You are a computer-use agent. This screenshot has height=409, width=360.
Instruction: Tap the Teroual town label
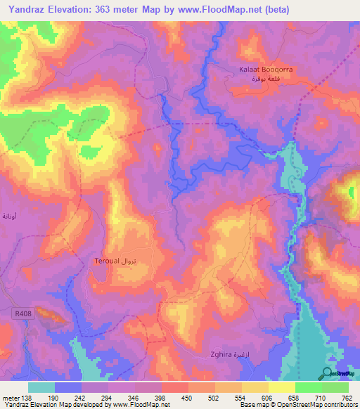[107, 261]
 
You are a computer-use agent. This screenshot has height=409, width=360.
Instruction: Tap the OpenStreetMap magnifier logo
[327, 373]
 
